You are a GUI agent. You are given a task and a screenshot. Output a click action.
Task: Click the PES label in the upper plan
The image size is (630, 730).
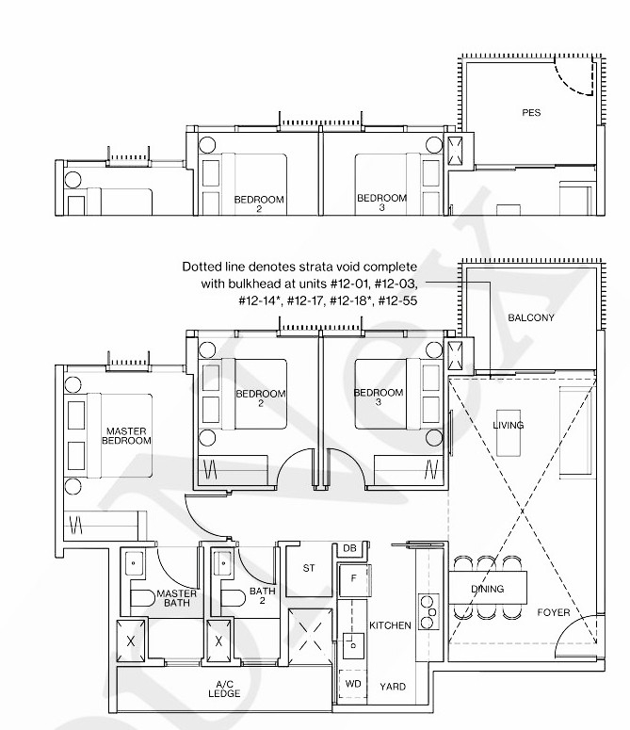[531, 113]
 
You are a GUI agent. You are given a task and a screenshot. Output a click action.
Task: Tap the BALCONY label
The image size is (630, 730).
[531, 317]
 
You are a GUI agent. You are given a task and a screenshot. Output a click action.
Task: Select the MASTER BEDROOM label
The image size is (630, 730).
[126, 436]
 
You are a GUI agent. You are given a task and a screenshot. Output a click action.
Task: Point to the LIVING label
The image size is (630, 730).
[509, 425]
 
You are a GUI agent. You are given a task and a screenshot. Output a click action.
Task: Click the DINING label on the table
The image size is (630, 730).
[488, 590]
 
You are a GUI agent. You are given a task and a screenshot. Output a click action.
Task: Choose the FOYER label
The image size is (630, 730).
[554, 613]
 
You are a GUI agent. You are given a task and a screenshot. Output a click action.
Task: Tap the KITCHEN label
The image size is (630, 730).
[390, 625]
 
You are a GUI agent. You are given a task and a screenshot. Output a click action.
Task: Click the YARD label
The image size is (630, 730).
[393, 687]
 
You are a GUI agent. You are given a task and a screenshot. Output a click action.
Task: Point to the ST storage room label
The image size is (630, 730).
[308, 568]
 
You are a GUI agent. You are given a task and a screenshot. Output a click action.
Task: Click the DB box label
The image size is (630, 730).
[349, 548]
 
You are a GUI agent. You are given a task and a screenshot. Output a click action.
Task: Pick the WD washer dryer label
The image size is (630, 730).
[353, 683]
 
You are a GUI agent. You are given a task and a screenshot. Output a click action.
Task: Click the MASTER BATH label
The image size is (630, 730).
[176, 598]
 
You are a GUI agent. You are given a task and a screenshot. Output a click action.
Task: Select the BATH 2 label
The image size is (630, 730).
[263, 596]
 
